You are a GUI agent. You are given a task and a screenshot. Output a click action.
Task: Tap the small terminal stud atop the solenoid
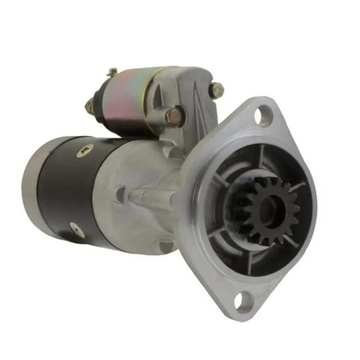point(112,72)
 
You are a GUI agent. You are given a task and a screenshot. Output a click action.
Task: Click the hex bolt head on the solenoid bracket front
point(175,116)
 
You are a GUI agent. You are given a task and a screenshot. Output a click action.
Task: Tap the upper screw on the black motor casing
point(84,151)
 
